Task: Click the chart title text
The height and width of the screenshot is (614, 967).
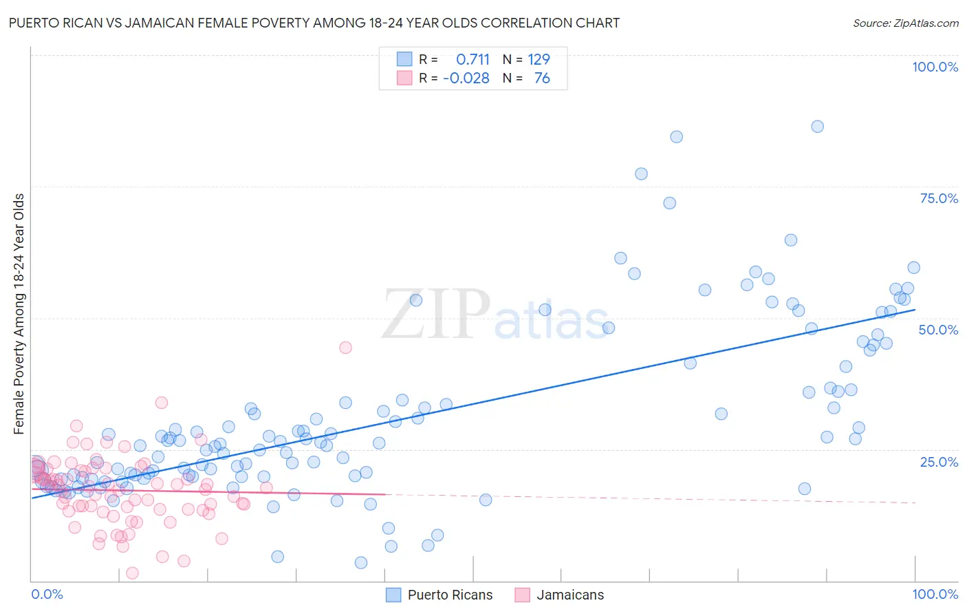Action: (x=314, y=23)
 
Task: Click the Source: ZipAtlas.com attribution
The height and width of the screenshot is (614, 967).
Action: (x=905, y=23)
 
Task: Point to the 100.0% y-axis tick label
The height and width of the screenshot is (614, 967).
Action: (x=935, y=67)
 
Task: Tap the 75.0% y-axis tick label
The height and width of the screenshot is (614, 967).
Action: (x=939, y=198)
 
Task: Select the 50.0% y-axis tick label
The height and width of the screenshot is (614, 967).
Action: (x=938, y=330)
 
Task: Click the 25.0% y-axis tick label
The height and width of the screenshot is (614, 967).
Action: (x=939, y=461)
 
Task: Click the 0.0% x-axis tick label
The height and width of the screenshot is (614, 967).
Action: (x=47, y=594)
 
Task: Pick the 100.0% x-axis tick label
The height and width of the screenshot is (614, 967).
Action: (x=935, y=594)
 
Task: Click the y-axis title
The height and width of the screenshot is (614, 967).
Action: (x=19, y=314)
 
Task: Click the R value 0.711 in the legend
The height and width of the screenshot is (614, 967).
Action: (x=472, y=59)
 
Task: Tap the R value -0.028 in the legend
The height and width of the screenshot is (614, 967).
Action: (x=466, y=78)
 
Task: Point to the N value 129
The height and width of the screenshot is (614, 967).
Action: (x=539, y=59)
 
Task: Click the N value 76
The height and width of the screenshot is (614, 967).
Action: (x=542, y=78)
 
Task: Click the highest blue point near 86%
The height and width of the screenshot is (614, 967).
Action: (x=817, y=126)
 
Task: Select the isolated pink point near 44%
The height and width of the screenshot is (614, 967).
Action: (x=345, y=348)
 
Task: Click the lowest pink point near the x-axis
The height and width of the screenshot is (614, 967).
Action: (x=132, y=573)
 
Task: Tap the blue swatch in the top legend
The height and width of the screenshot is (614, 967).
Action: (x=404, y=59)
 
